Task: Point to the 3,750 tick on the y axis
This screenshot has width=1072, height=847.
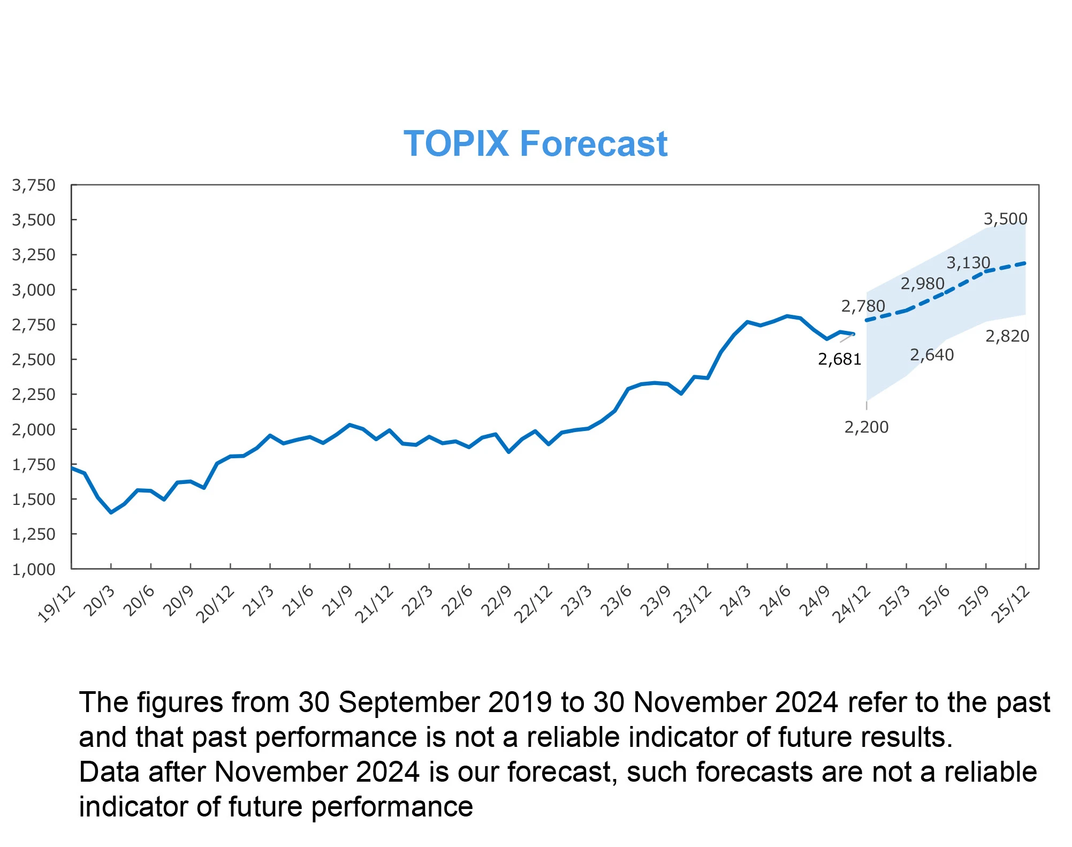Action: (x=34, y=185)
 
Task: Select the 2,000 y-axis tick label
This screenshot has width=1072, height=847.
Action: (x=34, y=429)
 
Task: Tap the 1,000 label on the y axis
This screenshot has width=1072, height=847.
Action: (x=34, y=569)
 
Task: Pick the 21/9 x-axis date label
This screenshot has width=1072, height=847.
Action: (x=338, y=601)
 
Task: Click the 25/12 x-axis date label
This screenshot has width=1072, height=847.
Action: (x=1011, y=604)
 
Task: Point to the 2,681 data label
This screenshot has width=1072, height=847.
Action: (x=839, y=359)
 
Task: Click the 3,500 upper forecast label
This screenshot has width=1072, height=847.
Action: (x=1005, y=218)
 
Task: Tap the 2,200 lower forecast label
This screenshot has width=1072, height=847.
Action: (x=866, y=427)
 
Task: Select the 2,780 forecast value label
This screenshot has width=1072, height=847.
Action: (x=863, y=306)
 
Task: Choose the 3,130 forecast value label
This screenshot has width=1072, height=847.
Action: (x=968, y=262)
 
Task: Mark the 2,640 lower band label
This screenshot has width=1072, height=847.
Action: (x=932, y=354)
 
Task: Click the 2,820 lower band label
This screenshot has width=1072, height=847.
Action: (x=1007, y=336)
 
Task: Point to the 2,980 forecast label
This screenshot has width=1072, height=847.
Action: (x=922, y=283)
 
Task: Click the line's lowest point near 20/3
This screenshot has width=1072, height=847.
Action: (x=111, y=512)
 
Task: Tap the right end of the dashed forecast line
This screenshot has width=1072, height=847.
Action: (x=1025, y=263)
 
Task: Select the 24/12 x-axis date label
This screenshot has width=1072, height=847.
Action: (x=851, y=604)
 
